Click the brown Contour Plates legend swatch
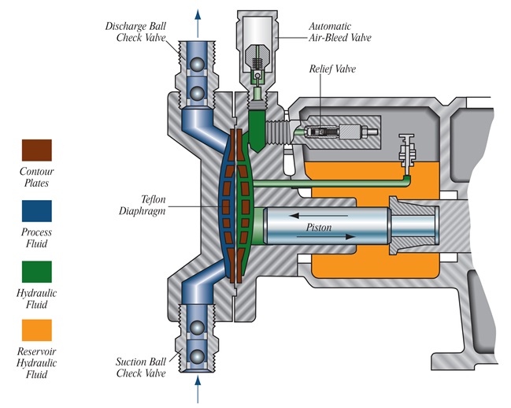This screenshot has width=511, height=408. (37, 150)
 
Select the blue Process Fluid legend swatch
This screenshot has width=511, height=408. (37, 210)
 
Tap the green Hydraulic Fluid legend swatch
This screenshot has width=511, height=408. (37, 270)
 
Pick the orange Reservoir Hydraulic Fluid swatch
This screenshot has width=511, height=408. (37, 330)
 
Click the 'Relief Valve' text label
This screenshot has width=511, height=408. (334, 69)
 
